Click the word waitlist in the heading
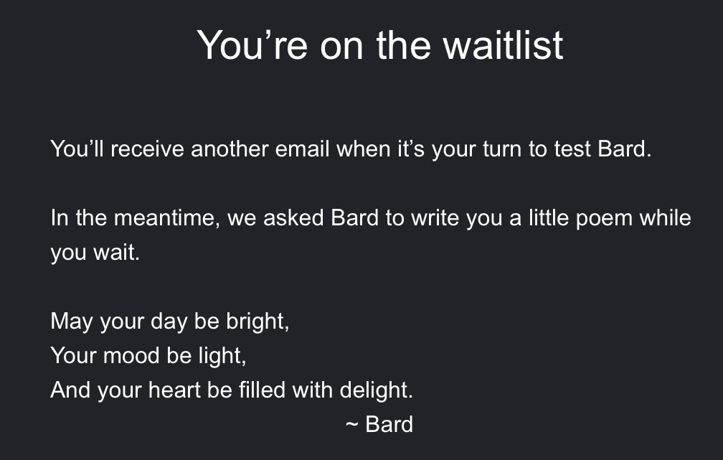[504, 44]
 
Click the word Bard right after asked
[354, 218]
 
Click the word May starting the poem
[71, 321]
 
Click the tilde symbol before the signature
[351, 424]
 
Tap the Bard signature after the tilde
[389, 424]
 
